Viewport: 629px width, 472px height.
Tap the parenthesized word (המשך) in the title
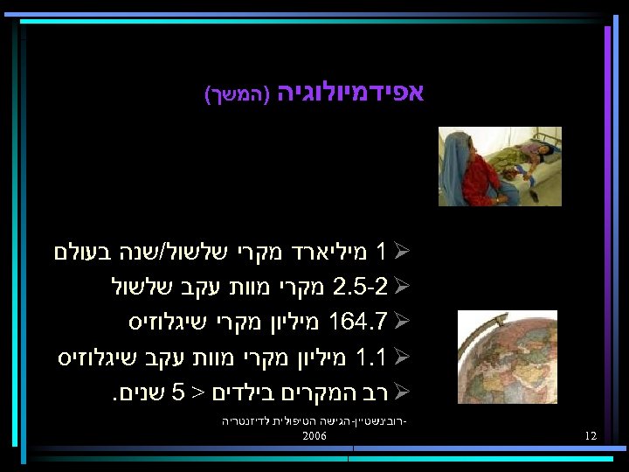[x=234, y=95]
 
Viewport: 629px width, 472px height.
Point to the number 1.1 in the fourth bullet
[x=370, y=357]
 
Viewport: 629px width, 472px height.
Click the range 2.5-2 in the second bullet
[x=356, y=286]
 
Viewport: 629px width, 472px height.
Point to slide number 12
[x=591, y=435]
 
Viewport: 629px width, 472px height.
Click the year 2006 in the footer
[x=314, y=435]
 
